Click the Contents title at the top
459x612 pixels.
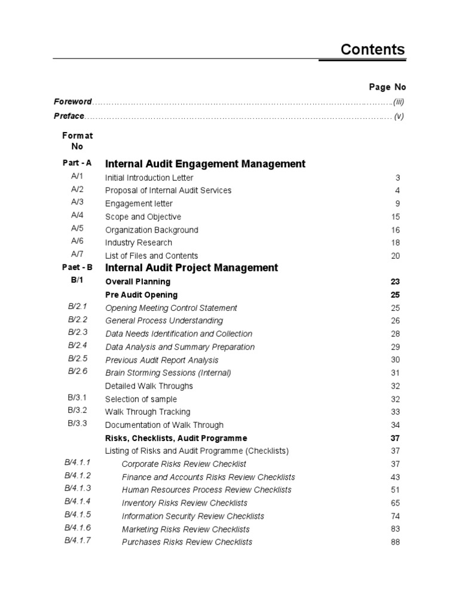pyautogui.click(x=372, y=50)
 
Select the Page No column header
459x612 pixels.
pyautogui.click(x=387, y=87)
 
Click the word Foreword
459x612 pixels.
pyautogui.click(x=73, y=102)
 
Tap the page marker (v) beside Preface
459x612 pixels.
pyautogui.click(x=399, y=117)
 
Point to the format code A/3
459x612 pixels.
pyautogui.click(x=77, y=203)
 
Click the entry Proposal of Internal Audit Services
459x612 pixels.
pyautogui.click(x=168, y=191)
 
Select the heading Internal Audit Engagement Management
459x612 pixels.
pyautogui.click(x=205, y=164)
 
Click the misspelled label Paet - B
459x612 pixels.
pyautogui.click(x=77, y=267)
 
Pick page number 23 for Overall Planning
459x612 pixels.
pyautogui.click(x=394, y=281)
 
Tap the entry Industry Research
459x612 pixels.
pyautogui.click(x=138, y=243)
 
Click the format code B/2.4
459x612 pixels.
pyautogui.click(x=77, y=345)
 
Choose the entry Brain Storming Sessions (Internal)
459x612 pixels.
pyautogui.click(x=168, y=373)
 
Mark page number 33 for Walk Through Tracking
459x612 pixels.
pyautogui.click(x=394, y=412)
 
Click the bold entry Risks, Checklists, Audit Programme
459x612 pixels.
pyautogui.click(x=176, y=438)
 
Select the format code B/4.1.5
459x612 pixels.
pyautogui.click(x=77, y=515)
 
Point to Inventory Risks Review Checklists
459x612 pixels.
pyautogui.click(x=184, y=503)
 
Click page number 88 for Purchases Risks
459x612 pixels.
pyautogui.click(x=394, y=542)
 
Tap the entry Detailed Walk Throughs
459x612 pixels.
pyautogui.click(x=149, y=386)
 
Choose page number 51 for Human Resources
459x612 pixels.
pyautogui.click(x=394, y=490)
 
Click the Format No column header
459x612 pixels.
pyautogui.click(x=78, y=141)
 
